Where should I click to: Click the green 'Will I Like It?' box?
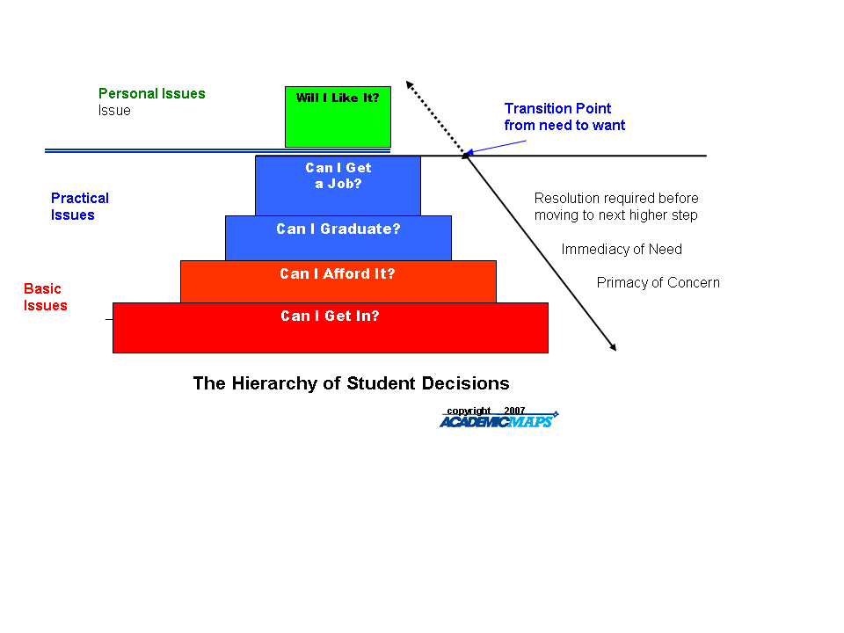[338, 116]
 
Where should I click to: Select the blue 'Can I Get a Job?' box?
[338, 185]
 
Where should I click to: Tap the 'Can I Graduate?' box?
[338, 237]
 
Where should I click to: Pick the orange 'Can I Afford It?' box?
[338, 281]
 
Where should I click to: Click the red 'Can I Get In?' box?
[330, 327]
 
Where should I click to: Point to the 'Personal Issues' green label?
[151, 94]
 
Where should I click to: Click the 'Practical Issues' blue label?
[79, 207]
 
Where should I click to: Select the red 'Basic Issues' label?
[45, 297]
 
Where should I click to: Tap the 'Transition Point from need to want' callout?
[564, 117]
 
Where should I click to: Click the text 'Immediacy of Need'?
[622, 250]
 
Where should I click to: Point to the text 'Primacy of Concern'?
[658, 283]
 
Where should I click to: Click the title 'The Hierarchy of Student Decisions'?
[351, 384]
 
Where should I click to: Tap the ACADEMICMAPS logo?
[497, 422]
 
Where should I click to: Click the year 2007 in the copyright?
[514, 411]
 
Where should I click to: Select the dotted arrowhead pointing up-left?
[409, 84]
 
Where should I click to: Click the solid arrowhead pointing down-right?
[613, 347]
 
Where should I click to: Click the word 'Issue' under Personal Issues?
[114, 111]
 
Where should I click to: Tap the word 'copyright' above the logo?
[469, 411]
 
